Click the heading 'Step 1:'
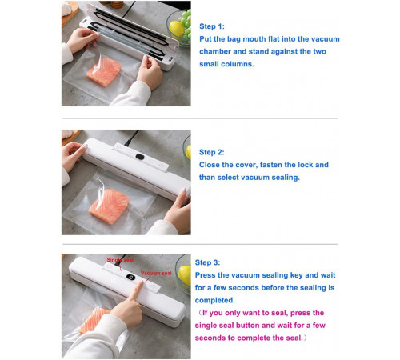pyautogui.click(x=212, y=26)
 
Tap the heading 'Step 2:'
pyautogui.click(x=212, y=152)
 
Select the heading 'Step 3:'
pyautogui.click(x=207, y=262)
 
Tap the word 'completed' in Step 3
pyautogui.click(x=214, y=300)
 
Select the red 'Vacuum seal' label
pyautogui.click(x=156, y=273)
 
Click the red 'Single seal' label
pyautogui.click(x=120, y=260)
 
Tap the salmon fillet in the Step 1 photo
pyautogui.click(x=104, y=71)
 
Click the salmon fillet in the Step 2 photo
pyautogui.click(x=109, y=206)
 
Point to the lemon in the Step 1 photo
pyautogui.click(x=176, y=29)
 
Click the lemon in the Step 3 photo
pyautogui.click(x=184, y=275)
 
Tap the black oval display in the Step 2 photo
pyautogui.click(x=140, y=157)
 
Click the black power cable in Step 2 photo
pyautogui.click(x=131, y=138)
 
